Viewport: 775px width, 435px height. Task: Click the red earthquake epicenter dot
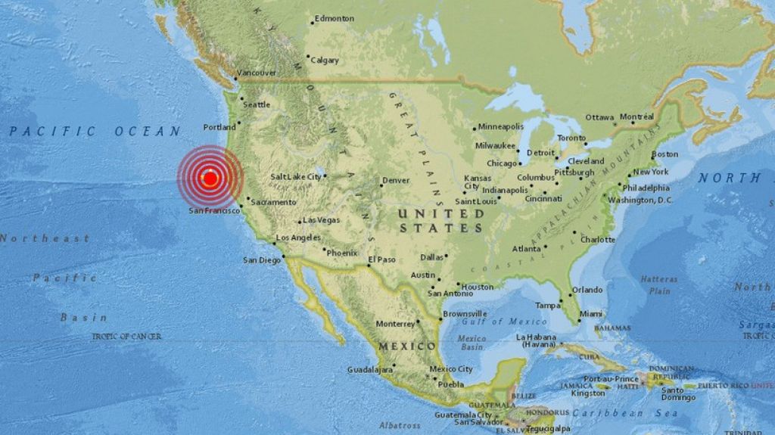point(210,179)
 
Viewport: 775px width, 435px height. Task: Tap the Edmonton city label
point(334,18)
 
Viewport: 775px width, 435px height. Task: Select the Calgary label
point(325,60)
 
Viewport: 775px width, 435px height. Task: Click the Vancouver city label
point(257,73)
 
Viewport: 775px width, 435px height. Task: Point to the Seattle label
point(257,104)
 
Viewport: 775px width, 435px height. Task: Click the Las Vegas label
point(321,220)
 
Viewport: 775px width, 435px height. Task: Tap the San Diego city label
point(261,260)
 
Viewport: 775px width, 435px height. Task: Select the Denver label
point(395,181)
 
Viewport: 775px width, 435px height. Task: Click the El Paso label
point(382,260)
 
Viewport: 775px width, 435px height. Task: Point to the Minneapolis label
point(500,126)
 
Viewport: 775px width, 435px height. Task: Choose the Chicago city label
point(502,163)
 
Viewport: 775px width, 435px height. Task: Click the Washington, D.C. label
point(640,200)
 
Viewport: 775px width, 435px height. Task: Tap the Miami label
point(591,314)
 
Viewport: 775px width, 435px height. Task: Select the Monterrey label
point(396,324)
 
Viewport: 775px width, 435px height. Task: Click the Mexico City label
point(451,369)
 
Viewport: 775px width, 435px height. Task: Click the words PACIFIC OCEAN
point(95,132)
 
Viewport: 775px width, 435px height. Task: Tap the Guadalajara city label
point(369,369)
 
